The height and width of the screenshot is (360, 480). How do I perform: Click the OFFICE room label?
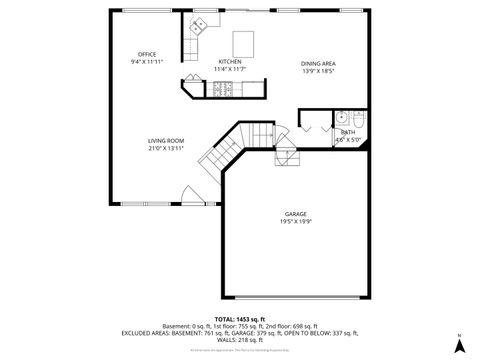point(147,54)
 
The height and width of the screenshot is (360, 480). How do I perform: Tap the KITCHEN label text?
point(231,61)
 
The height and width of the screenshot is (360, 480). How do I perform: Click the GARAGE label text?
point(295,214)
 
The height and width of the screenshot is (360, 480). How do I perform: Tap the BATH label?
point(347,132)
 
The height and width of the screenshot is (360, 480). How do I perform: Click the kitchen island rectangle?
point(244,43)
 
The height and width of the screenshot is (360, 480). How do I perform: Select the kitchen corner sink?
point(199,23)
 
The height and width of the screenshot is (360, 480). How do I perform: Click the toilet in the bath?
point(361,116)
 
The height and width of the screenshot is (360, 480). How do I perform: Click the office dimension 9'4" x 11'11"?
point(147,62)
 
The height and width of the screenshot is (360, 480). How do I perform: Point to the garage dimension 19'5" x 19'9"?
point(295,222)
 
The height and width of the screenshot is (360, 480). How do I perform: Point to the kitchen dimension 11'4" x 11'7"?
point(231,69)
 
